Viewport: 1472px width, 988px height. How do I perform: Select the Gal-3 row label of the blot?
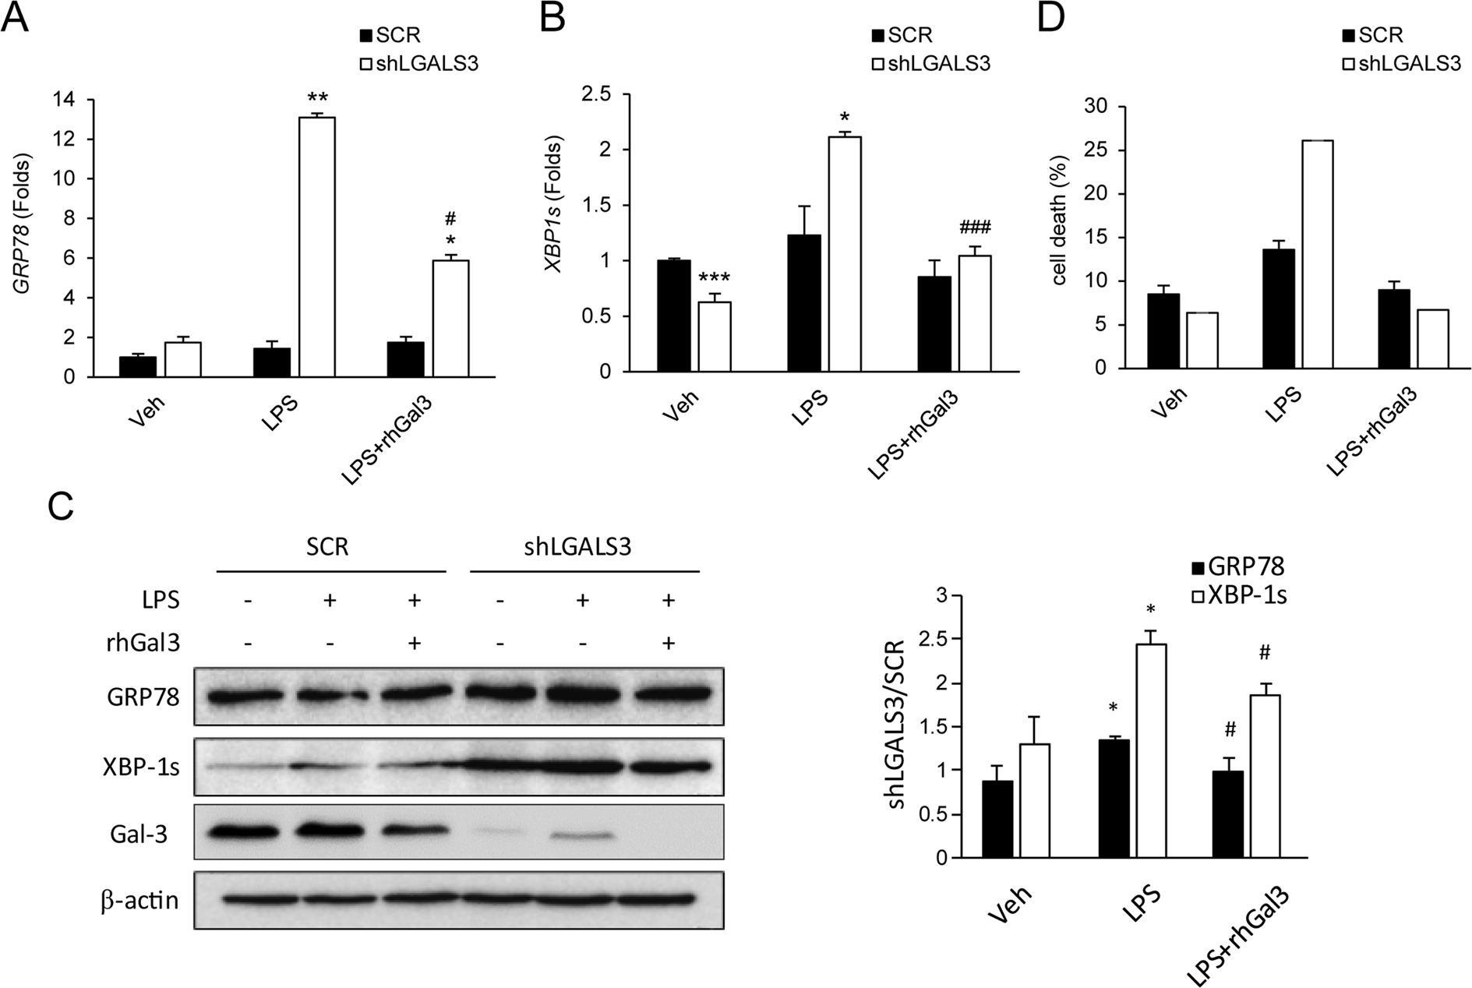(139, 835)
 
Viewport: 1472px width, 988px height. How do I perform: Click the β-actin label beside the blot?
(139, 901)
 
